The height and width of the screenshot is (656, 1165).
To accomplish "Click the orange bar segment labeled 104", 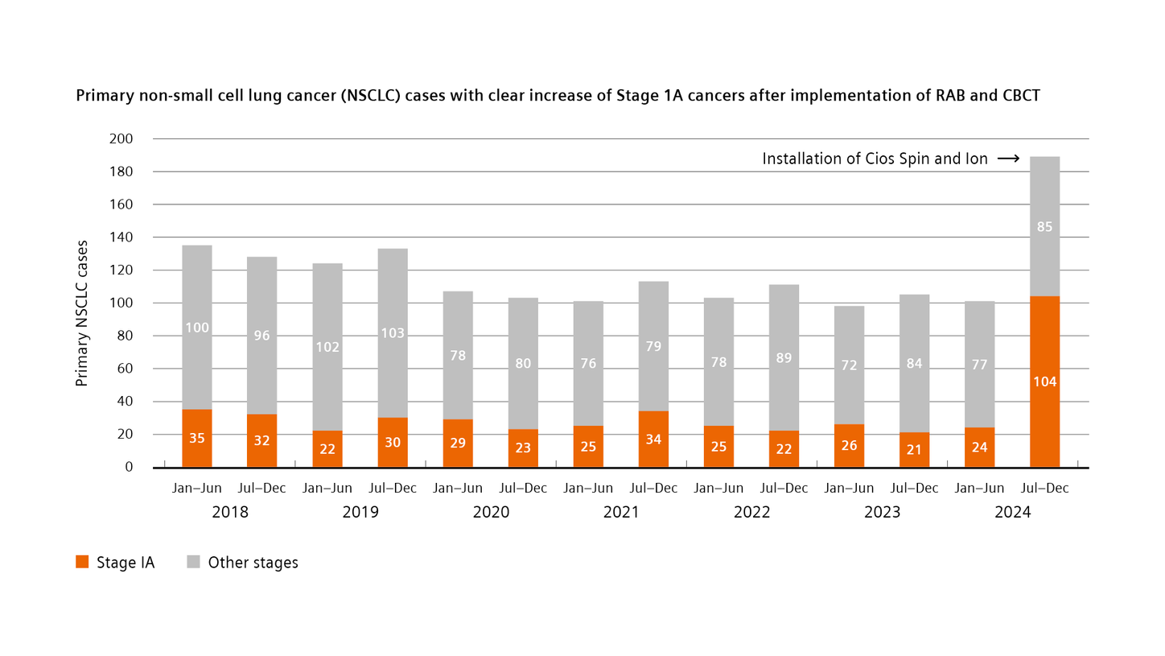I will point(1044,382).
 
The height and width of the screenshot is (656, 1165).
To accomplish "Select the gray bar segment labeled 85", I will point(1044,227).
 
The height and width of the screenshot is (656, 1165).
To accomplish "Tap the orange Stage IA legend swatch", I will point(82,563).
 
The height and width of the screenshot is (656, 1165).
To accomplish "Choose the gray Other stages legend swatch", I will point(193,563).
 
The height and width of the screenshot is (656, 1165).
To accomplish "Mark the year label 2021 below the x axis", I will point(621,512).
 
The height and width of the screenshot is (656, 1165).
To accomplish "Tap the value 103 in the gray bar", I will point(393,333).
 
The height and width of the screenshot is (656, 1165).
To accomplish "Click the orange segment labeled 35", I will point(197,439).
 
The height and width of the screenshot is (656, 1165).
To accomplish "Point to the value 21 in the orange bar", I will point(914,450).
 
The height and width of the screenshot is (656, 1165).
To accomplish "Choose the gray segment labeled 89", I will point(784,358).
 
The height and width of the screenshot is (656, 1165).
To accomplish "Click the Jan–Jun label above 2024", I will point(979,489).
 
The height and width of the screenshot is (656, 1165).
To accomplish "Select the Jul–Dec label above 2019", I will point(393,489).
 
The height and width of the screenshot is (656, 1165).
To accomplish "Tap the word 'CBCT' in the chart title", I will point(1019,96).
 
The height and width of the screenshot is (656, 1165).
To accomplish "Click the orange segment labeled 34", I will point(653,439).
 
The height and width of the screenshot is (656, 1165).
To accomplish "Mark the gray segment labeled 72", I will point(849,365).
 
